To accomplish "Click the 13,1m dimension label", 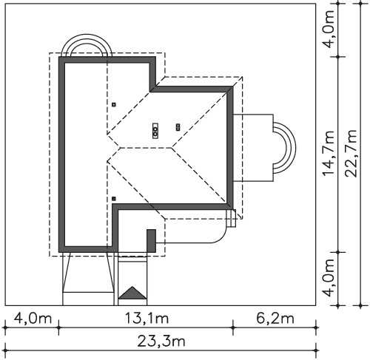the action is (x=147, y=318).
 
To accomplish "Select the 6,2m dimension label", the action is (x=275, y=318).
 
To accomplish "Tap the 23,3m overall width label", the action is (x=161, y=342).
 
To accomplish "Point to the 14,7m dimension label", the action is (x=329, y=153).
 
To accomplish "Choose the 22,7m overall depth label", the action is (x=351, y=153).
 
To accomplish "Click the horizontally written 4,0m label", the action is (x=33, y=318).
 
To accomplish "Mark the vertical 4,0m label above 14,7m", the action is (x=329, y=30).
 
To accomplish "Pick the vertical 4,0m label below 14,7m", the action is (x=329, y=278).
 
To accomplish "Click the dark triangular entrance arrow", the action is (x=132, y=293).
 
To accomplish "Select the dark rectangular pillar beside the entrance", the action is (x=151, y=241).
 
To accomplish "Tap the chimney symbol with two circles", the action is (x=155, y=130).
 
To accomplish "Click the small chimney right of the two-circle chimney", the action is (x=178, y=127).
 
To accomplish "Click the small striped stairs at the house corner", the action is (x=232, y=218).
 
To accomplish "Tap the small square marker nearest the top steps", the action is (x=114, y=104).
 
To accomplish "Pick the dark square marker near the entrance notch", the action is (x=114, y=199).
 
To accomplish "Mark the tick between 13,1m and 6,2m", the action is (x=233, y=327).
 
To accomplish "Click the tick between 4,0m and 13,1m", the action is (x=58, y=327).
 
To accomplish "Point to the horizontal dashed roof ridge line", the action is (x=146, y=148).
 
